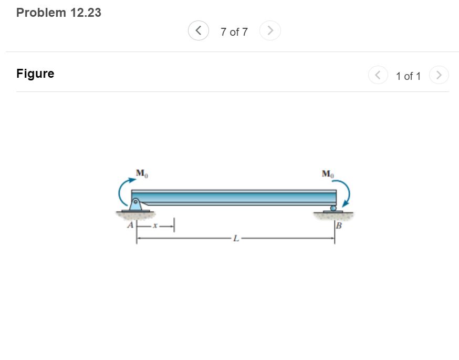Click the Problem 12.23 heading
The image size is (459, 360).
click(x=59, y=13)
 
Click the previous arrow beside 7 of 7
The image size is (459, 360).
click(x=198, y=31)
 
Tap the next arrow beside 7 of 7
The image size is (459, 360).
click(x=270, y=31)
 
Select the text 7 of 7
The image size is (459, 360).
click(x=234, y=32)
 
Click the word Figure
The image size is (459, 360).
click(x=35, y=74)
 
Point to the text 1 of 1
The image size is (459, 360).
click(x=408, y=76)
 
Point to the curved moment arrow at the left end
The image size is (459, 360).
click(x=124, y=192)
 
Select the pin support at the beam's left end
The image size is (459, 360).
click(x=135, y=204)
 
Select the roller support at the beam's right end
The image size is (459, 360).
click(x=332, y=209)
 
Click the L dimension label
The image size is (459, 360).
click(x=236, y=239)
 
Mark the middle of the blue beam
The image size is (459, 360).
click(x=234, y=197)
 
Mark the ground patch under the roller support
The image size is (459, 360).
click(x=333, y=215)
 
